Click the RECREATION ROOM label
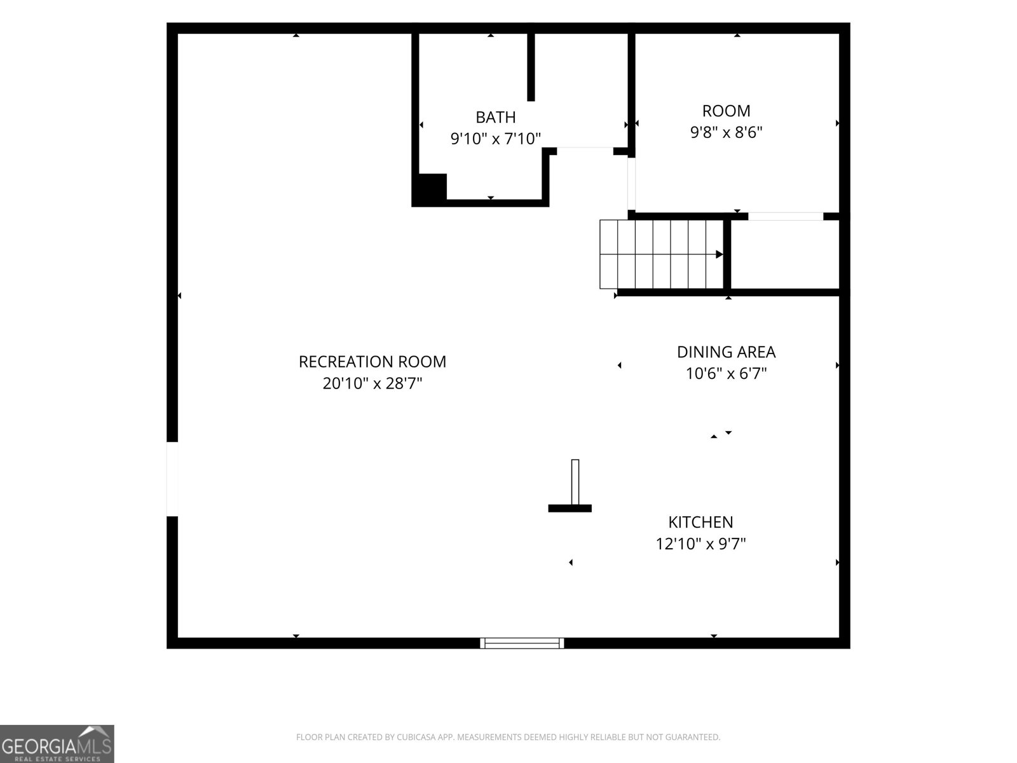click(372, 362)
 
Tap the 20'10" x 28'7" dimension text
click(372, 383)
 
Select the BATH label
click(495, 118)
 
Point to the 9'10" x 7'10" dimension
click(495, 139)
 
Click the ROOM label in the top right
click(726, 111)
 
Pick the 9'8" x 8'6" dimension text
click(726, 132)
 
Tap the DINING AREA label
click(726, 352)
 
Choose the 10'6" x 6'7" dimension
click(726, 373)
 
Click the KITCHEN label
click(700, 523)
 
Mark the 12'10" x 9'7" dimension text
click(700, 544)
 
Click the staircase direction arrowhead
click(719, 254)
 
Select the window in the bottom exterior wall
click(522, 643)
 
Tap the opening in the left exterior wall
click(172, 479)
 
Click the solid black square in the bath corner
click(432, 187)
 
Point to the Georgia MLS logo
click(57, 743)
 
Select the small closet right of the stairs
click(785, 254)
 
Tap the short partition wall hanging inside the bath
click(531, 67)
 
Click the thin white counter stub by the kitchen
click(575, 482)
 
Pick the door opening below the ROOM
click(786, 216)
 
